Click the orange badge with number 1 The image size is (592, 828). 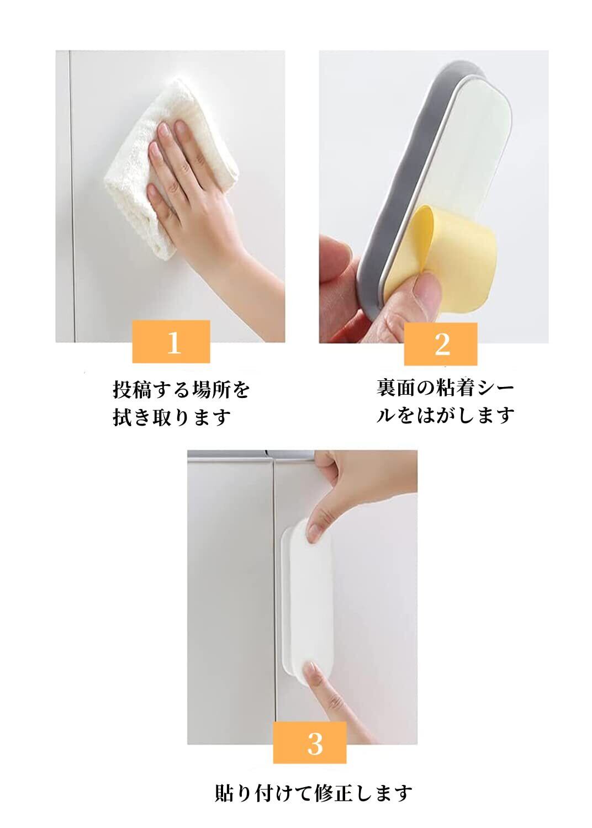coord(171,341)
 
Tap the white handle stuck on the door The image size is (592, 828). coord(307,606)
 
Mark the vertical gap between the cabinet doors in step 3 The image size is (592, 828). coord(273,599)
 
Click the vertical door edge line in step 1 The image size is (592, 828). coord(72,196)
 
